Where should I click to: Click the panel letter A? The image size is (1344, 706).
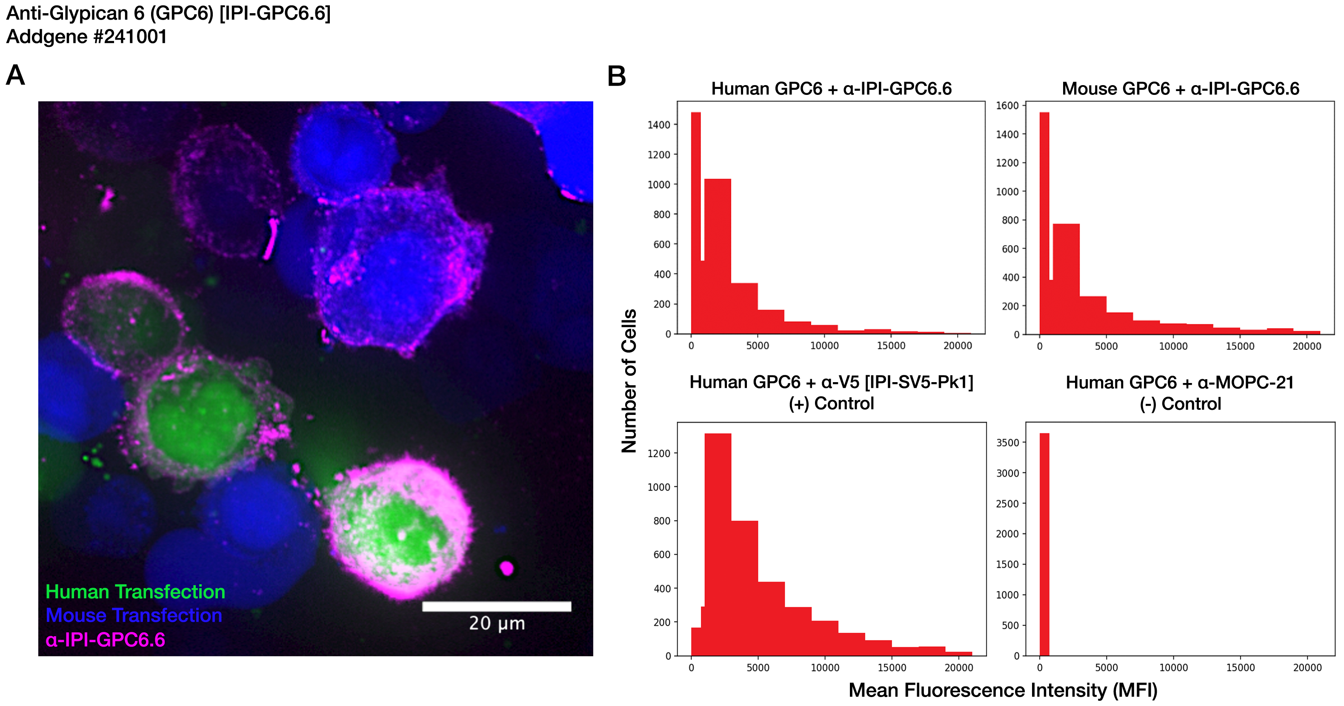tap(15, 76)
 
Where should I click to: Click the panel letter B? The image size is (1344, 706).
tap(616, 77)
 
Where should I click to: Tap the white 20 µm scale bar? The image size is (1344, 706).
tap(496, 606)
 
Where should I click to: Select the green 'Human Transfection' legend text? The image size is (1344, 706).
tap(135, 592)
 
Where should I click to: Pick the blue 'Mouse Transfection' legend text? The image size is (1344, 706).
tap(134, 616)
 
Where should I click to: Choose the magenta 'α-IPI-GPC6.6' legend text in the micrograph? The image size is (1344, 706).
tap(106, 640)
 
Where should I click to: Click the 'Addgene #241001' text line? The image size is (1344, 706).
tap(87, 37)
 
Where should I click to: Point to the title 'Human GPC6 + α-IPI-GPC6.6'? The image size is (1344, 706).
tap(831, 89)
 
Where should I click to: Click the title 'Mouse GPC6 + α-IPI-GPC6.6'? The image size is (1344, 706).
tap(1180, 89)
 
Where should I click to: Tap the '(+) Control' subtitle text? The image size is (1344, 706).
tap(831, 403)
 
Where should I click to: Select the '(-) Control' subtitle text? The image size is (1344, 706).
tap(1180, 404)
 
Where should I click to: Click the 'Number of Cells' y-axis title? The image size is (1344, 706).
tap(629, 381)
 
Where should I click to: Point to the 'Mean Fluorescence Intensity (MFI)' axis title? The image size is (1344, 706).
tap(1003, 690)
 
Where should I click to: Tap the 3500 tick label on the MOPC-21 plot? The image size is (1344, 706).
tap(1007, 443)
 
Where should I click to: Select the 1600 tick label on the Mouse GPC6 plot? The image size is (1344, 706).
tap(1007, 106)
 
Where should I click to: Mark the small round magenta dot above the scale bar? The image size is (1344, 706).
tap(506, 568)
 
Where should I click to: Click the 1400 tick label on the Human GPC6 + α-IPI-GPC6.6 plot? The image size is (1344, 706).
tap(658, 125)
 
